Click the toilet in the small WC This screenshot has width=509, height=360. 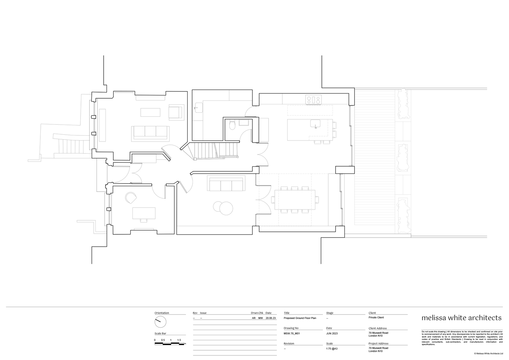point(232,125)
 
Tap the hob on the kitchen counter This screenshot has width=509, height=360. point(313,99)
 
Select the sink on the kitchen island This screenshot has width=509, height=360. point(315,124)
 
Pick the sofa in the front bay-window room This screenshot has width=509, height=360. point(151,132)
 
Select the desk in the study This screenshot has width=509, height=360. point(144,213)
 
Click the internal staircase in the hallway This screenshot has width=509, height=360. point(215,149)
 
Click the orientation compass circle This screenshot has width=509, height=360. point(161,321)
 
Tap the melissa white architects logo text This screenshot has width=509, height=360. point(461,318)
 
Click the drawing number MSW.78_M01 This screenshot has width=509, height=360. point(292,334)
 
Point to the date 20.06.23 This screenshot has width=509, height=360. point(271,318)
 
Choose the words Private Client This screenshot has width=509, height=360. point(376,318)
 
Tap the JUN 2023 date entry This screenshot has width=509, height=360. point(332,334)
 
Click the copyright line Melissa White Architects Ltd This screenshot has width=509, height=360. point(488,354)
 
